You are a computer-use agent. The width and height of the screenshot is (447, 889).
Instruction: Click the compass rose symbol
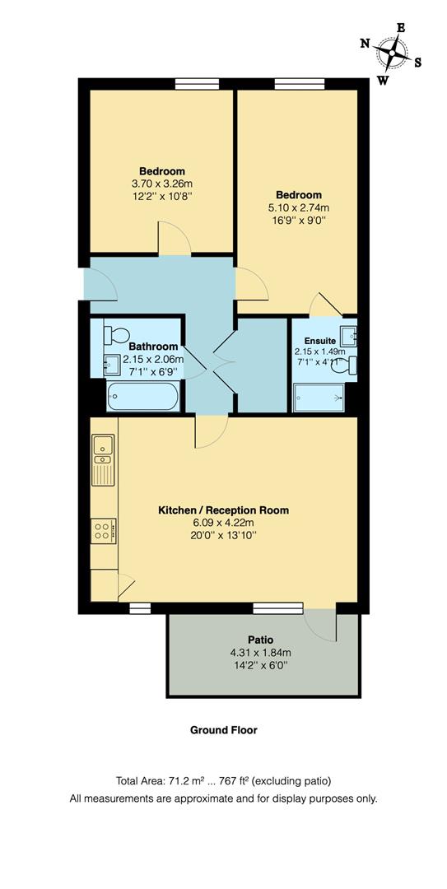tap(392, 54)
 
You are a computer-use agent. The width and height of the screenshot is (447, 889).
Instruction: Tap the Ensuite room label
tap(319, 340)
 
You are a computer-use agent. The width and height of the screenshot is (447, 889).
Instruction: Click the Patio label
tap(260, 640)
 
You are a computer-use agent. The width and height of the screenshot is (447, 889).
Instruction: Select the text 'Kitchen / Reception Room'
tap(223, 510)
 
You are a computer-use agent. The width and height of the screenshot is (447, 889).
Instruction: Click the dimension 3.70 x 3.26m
tap(161, 184)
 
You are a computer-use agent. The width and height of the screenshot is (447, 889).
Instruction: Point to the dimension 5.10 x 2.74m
tap(299, 207)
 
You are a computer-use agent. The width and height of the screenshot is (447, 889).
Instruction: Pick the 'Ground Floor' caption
tap(223, 730)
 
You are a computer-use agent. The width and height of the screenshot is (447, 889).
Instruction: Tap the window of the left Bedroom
tap(191, 83)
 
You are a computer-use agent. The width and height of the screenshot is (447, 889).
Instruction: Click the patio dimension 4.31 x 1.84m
tap(260, 653)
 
